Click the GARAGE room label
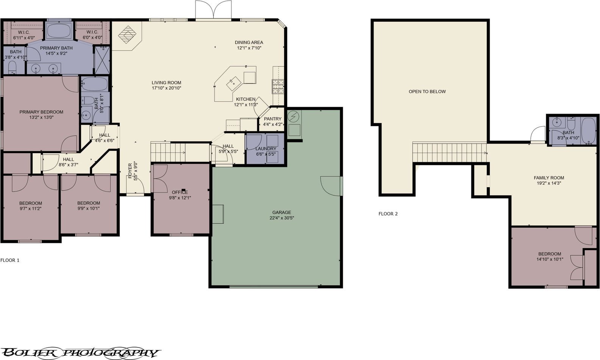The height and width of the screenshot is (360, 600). (x=282, y=212)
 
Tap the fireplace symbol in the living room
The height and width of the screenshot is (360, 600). (x=127, y=34)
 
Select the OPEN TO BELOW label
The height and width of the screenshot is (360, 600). (x=427, y=91)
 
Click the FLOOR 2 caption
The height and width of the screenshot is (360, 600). (x=388, y=214)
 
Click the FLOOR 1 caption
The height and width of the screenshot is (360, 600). (x=10, y=260)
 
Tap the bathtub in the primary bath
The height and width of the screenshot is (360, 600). (x=59, y=31)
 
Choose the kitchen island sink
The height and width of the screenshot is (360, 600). (x=234, y=83)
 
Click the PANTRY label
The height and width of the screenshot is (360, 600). (x=273, y=119)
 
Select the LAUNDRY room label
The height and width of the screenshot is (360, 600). (x=266, y=149)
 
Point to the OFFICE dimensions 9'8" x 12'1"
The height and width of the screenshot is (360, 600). (x=180, y=198)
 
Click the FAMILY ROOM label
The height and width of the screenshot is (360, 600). (x=549, y=178)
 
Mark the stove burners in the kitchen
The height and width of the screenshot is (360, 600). (x=278, y=86)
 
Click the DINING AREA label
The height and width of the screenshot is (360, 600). (x=249, y=42)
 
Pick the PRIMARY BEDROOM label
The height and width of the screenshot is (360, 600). (x=41, y=112)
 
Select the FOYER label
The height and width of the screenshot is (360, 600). (x=130, y=171)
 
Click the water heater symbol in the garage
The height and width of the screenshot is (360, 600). (x=294, y=117)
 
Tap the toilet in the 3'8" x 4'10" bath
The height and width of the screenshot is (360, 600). (x=12, y=67)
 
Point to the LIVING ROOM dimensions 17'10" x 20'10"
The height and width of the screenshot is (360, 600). (x=166, y=88)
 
